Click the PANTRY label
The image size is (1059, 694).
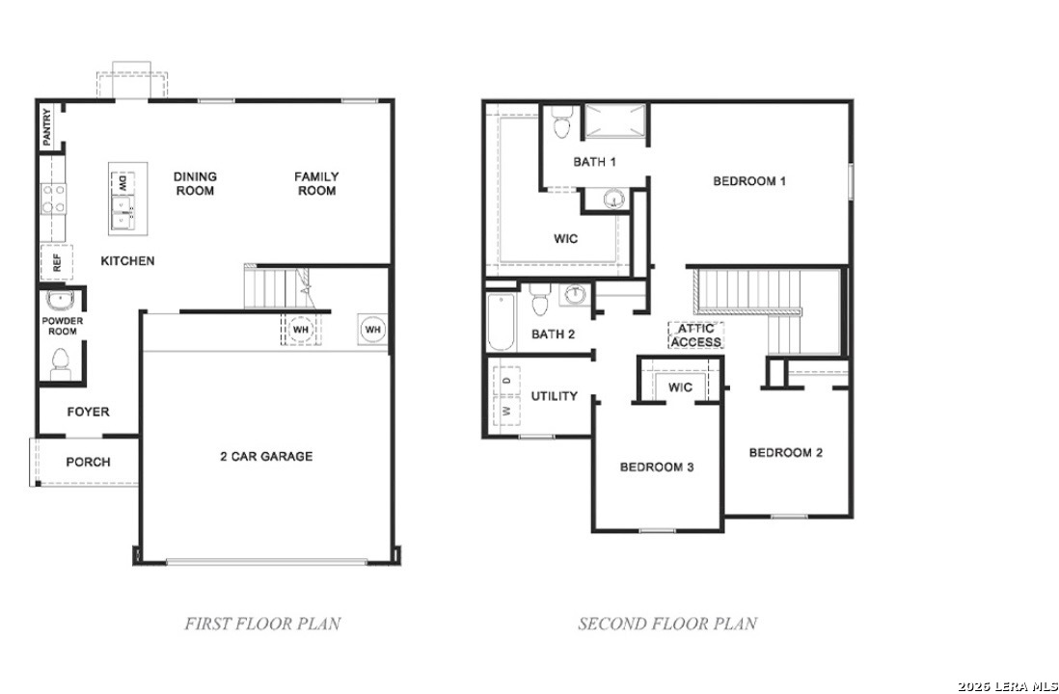[x=46, y=128]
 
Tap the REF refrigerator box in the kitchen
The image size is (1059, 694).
[x=57, y=262]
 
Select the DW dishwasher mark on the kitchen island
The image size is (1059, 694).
[x=122, y=182]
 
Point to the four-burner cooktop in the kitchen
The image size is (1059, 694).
[x=53, y=199]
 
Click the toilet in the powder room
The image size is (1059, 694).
[x=60, y=364]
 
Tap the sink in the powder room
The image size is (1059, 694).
[x=60, y=300]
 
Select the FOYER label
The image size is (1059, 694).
[x=88, y=412]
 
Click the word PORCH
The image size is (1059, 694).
[x=88, y=462]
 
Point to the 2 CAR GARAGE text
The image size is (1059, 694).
[x=266, y=456]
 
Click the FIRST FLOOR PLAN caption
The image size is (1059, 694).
[x=262, y=623]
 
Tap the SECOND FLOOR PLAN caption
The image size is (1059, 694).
[x=667, y=623]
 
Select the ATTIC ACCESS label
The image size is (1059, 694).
[x=695, y=335]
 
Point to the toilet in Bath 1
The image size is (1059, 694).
[x=561, y=122]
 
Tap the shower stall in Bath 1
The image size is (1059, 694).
[x=614, y=120]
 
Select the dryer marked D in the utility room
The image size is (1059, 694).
[x=506, y=381]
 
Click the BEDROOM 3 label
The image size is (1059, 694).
[x=657, y=467]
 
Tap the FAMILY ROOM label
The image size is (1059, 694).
[x=316, y=184]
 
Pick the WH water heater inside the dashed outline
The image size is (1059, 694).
[x=300, y=330]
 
